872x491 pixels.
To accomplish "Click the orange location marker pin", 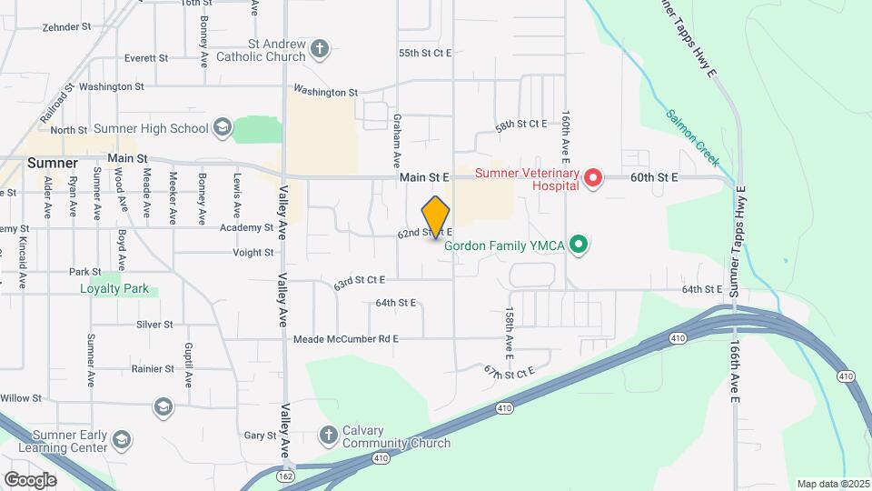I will tap(436, 217).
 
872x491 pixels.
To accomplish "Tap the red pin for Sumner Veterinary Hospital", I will tap(593, 177).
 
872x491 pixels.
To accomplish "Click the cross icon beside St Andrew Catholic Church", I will tap(320, 49).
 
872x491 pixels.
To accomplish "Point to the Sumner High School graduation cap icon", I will tap(223, 128).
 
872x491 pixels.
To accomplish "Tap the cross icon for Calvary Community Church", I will tap(329, 436).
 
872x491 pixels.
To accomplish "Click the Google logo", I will tap(30, 479).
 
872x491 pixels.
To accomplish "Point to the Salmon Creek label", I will tap(692, 138).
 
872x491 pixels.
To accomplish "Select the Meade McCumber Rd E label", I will tap(346, 339).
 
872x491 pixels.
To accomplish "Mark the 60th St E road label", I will tap(654, 178).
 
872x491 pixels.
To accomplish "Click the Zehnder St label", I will tap(66, 27).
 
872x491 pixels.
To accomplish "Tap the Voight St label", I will tap(253, 253).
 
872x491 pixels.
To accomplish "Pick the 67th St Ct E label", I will tap(510, 371).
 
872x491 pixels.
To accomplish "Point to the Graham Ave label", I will tap(397, 140).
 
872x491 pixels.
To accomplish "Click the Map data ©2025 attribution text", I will tap(833, 484).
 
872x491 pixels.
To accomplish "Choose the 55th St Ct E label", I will tap(425, 54).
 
